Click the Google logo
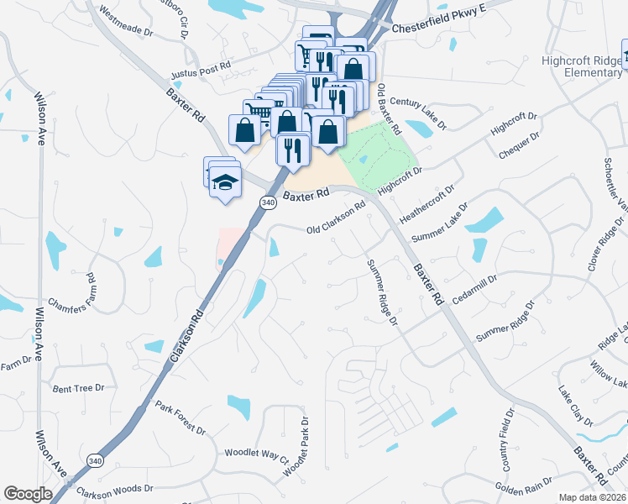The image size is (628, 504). tap(28, 494)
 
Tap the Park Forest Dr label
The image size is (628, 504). tap(181, 417)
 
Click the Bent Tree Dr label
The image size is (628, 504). tap(78, 388)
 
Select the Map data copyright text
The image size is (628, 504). tap(593, 497)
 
